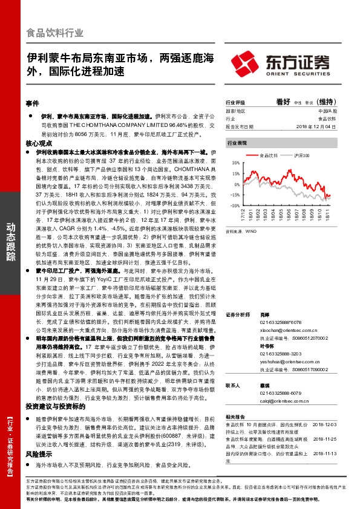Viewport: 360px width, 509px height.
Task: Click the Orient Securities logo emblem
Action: [243, 63]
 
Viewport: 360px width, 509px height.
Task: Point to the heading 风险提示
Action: [38, 436]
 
